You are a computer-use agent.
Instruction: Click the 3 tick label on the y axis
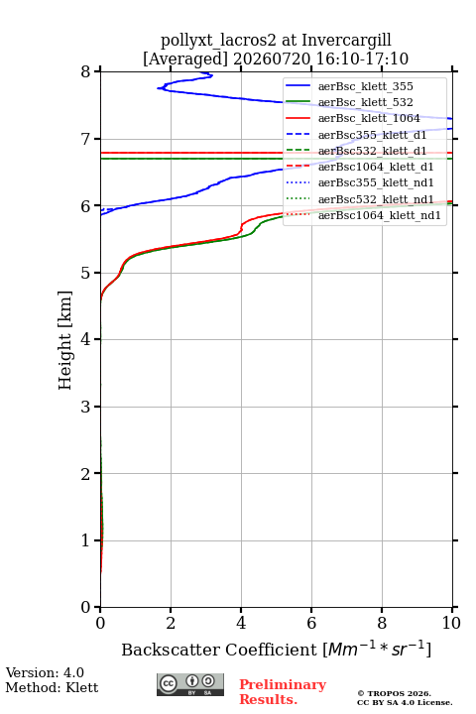(x=86, y=407)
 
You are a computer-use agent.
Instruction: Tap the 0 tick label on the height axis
(x=86, y=607)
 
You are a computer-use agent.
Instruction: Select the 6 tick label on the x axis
(x=311, y=623)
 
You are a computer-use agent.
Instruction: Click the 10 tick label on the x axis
(x=451, y=623)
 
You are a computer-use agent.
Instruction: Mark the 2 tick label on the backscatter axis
(x=171, y=623)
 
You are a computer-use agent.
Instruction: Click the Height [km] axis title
(x=65, y=340)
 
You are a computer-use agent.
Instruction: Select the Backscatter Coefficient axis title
(x=276, y=650)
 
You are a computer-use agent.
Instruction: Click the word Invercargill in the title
(x=347, y=41)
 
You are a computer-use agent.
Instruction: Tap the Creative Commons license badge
(x=190, y=685)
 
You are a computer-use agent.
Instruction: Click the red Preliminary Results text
(x=283, y=692)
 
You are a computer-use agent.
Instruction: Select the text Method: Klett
(x=52, y=687)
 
